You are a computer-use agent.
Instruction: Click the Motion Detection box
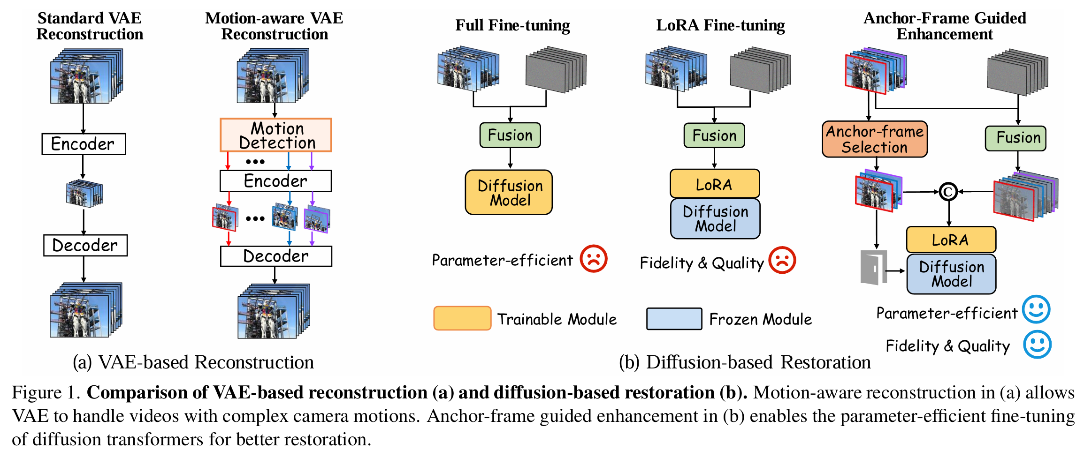(276, 135)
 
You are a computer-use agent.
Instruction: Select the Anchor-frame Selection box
(874, 139)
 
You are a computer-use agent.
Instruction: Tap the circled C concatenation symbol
(948, 192)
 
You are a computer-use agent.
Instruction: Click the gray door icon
(873, 267)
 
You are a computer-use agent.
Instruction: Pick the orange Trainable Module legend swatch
(462, 318)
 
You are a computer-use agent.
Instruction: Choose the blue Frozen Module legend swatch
(674, 319)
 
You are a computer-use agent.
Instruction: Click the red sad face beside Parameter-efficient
(594, 259)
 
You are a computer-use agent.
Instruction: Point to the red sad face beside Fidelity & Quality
(782, 260)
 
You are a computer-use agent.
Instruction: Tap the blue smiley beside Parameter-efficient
(1036, 309)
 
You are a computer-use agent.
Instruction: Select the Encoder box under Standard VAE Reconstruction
(84, 144)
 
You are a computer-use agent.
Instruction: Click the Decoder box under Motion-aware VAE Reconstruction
(276, 256)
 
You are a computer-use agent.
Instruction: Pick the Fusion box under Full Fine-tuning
(510, 135)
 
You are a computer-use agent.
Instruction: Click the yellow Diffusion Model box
(509, 193)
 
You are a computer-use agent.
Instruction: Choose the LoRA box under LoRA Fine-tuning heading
(715, 184)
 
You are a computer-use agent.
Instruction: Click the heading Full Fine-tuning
(512, 25)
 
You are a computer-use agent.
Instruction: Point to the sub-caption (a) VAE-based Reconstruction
(193, 362)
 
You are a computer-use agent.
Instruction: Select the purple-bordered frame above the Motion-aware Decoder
(317, 219)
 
